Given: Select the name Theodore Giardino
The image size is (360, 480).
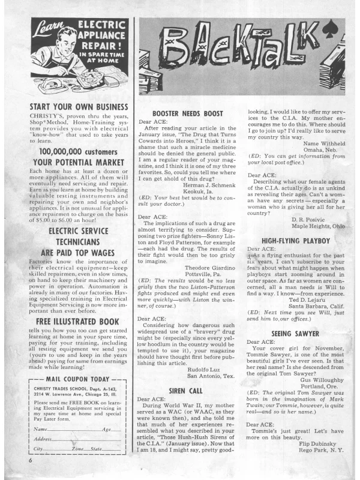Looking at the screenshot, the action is click(211, 268).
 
